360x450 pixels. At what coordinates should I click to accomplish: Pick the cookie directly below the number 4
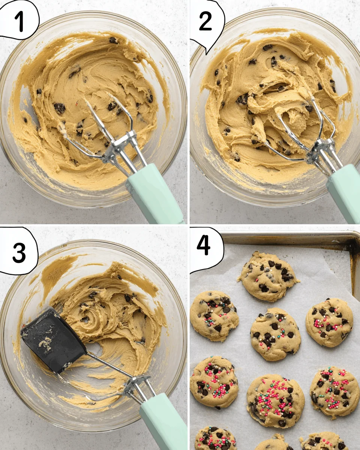214,315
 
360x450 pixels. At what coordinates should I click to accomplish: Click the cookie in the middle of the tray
275,333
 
